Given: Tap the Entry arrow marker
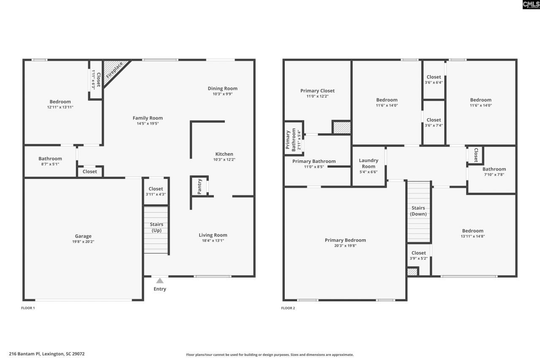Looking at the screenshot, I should [x=160, y=281].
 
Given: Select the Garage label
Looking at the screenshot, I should [x=83, y=236].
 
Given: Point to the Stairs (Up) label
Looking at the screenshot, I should [x=156, y=227].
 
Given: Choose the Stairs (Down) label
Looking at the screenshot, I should [x=418, y=211].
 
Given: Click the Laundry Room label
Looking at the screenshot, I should [x=368, y=163].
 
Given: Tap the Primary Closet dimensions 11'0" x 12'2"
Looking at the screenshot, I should [x=317, y=96].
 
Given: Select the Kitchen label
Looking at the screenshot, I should [x=224, y=154].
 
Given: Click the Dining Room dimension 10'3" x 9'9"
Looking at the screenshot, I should [x=222, y=94].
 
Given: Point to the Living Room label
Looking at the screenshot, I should [x=213, y=235].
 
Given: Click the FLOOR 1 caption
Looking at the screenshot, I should [x=28, y=308].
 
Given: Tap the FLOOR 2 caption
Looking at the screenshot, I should [x=288, y=308].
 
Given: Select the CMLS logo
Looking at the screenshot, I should [x=531, y=5].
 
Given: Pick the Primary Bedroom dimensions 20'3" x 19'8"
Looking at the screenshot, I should [x=345, y=246].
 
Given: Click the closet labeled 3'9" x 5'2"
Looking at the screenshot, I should [x=418, y=256].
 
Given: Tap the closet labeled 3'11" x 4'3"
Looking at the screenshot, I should [x=156, y=192].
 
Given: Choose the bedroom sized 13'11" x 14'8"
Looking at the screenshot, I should [x=472, y=234].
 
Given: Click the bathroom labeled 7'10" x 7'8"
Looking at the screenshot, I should [x=494, y=172].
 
